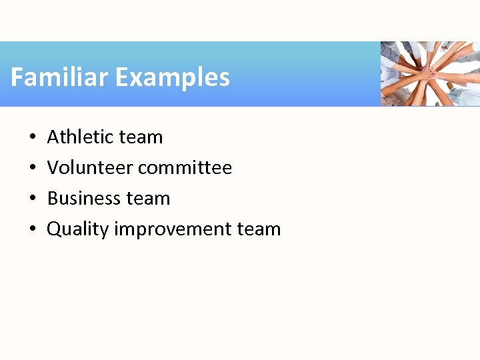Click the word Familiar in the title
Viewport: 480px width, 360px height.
(x=59, y=77)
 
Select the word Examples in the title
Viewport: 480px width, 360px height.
(x=172, y=78)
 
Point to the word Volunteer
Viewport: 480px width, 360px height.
(x=90, y=167)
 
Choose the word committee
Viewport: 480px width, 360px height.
(x=185, y=167)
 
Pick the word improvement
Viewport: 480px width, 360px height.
(x=173, y=229)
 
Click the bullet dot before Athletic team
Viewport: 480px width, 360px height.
(x=33, y=138)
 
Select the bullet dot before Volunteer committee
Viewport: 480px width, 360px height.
(x=33, y=169)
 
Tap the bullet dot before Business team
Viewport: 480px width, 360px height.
(x=33, y=199)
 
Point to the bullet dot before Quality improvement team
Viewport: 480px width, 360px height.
(x=33, y=230)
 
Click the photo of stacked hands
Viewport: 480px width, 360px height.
(x=430, y=73)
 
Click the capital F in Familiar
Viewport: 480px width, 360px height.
(x=17, y=77)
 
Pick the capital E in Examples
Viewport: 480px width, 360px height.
(x=121, y=77)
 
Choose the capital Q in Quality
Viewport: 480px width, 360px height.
(x=54, y=229)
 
